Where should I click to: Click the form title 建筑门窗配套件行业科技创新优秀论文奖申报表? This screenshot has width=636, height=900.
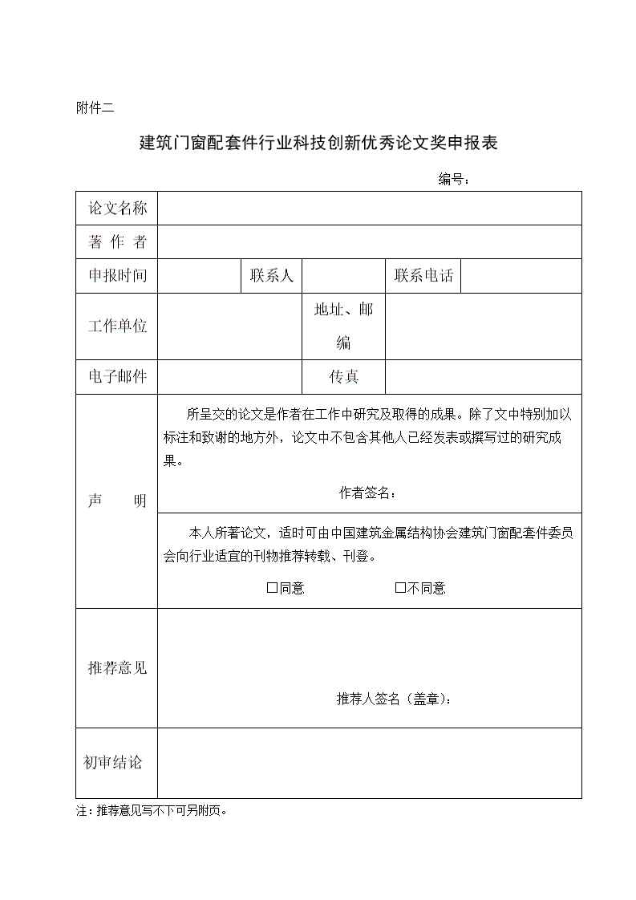click(319, 144)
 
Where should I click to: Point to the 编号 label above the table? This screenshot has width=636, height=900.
click(453, 179)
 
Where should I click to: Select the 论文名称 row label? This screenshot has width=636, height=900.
click(117, 209)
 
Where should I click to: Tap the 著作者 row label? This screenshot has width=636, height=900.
click(117, 242)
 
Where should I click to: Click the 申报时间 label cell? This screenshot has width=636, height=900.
click(117, 276)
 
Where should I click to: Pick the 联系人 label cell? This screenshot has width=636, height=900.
click(272, 276)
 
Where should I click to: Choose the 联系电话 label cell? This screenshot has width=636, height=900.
click(423, 276)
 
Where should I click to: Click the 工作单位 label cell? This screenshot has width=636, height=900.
click(117, 326)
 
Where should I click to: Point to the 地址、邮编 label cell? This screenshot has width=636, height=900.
click(343, 326)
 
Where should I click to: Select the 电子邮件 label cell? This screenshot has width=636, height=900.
click(117, 377)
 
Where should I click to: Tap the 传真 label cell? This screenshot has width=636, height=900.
click(343, 377)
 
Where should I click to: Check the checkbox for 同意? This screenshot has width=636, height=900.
click(272, 588)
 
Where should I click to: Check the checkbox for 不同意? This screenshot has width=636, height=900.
click(400, 588)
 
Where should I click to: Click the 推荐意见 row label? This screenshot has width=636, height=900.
click(117, 668)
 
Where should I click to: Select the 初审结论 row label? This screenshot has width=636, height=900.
click(113, 763)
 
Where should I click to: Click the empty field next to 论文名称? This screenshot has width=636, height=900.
click(369, 209)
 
